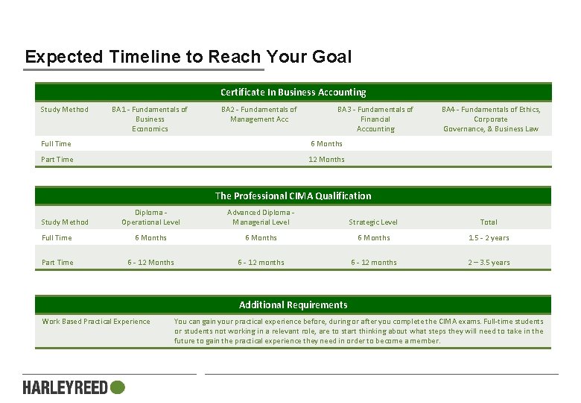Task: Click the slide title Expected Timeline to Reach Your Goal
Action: (188, 57)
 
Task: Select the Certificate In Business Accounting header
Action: (293, 93)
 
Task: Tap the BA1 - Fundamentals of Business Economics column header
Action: (150, 119)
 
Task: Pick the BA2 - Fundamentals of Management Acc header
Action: (259, 114)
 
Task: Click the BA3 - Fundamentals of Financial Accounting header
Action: (375, 119)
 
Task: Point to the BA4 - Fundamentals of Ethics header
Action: (490, 119)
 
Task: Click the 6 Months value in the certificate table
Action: (326, 143)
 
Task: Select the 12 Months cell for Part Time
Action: (326, 159)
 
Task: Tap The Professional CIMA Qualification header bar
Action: (293, 196)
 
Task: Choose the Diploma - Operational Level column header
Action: (150, 217)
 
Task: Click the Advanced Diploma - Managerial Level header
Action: (261, 217)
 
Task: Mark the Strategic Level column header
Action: (373, 222)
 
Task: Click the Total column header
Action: (489, 222)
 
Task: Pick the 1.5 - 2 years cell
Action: (489, 237)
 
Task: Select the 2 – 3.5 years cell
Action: (489, 262)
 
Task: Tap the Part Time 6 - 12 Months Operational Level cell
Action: (150, 262)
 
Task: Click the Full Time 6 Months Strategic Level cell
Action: (373, 237)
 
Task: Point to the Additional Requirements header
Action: (293, 304)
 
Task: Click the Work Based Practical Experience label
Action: (96, 322)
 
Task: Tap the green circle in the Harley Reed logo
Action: (117, 387)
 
